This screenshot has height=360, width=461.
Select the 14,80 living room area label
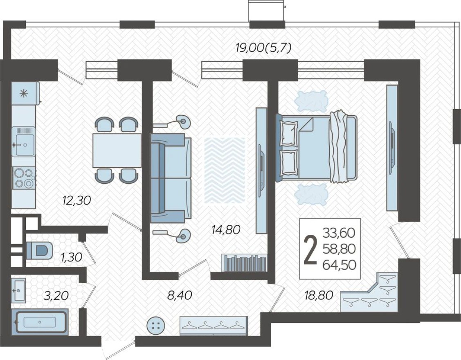225,229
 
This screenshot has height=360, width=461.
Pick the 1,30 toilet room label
71,257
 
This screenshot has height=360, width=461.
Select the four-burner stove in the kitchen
24,178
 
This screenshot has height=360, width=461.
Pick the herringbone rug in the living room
225,169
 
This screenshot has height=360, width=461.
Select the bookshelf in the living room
245,262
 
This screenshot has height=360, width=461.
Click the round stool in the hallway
156,326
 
